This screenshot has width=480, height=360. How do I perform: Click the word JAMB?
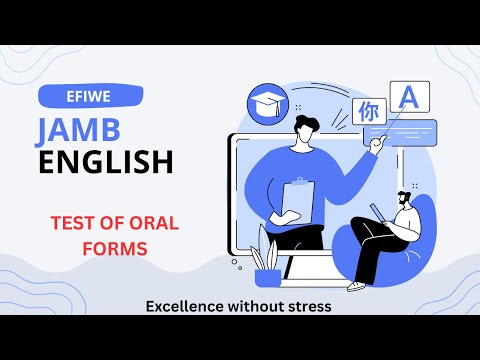[83, 130]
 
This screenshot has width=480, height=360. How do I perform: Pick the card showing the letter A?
[407, 99]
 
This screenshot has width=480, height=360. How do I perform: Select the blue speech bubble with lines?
[410, 131]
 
